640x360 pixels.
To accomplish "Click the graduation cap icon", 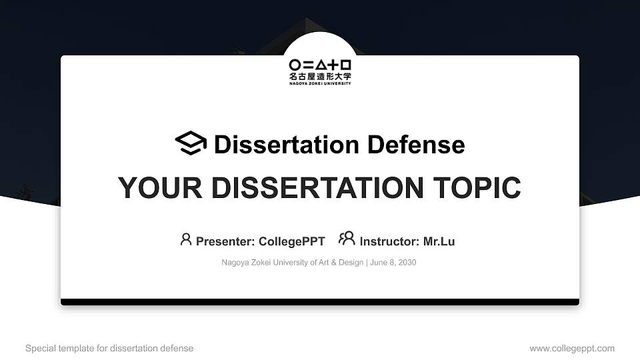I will [191, 143].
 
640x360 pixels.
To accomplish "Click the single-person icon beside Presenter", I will [186, 239].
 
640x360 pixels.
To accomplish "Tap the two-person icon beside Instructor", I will [347, 239].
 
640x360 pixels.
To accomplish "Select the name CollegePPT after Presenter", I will [291, 241].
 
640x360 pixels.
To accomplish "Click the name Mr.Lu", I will [439, 241].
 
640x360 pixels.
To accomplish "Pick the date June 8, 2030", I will [393, 263].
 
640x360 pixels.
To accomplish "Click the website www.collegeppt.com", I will [571, 348].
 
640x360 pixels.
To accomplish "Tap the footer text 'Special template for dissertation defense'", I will [109, 348].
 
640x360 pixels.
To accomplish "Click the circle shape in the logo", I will [295, 65].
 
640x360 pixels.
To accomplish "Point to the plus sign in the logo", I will [333, 65].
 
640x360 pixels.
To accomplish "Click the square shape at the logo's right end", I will [345, 65].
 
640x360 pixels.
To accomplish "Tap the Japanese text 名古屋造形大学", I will [320, 77].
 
